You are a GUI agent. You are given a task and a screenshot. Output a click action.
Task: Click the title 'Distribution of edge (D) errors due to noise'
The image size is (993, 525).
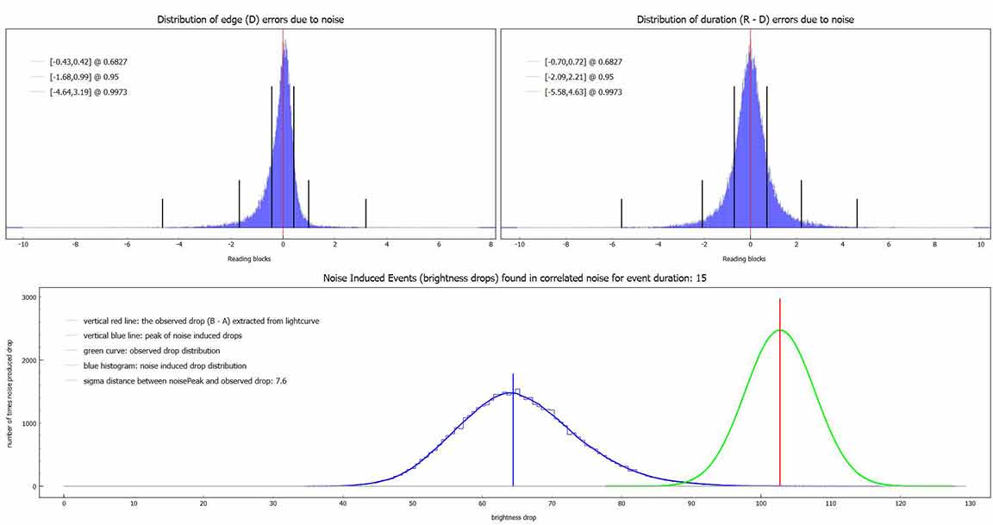click(251, 19)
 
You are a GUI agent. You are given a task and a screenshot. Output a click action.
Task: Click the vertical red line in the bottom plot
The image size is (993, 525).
click(780, 397)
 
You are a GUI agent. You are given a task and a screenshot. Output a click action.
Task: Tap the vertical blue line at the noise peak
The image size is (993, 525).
click(513, 431)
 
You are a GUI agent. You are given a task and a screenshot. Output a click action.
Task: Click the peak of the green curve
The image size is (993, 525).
click(780, 330)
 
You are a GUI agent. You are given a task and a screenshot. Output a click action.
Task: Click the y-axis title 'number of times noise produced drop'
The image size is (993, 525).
click(11, 392)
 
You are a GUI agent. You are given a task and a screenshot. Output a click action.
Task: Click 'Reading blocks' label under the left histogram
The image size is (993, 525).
click(250, 258)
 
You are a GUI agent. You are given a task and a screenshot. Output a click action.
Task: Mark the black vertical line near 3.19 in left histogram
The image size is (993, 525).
click(365, 213)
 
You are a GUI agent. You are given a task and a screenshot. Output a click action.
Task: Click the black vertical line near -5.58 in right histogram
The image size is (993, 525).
click(621, 213)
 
